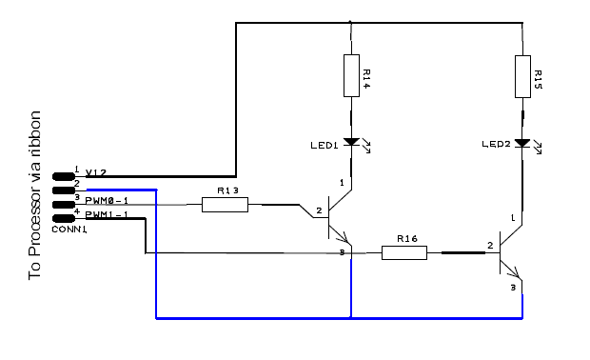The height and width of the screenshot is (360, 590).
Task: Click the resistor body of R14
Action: point(351,75)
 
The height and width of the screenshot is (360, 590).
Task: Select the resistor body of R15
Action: point(522,75)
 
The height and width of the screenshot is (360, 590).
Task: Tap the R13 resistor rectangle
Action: point(226,204)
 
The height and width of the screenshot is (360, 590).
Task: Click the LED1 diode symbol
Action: point(351,143)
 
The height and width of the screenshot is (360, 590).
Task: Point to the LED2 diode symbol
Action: point(522,143)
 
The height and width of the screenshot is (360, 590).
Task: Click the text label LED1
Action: point(324,146)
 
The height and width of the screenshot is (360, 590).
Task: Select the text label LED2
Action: point(496,145)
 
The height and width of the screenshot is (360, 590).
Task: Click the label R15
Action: point(537,78)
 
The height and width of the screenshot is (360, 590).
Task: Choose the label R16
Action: point(406,238)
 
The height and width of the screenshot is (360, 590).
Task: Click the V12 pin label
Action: point(96,173)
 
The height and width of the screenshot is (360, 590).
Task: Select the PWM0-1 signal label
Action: point(107,201)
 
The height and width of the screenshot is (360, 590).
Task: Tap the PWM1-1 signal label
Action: point(107,215)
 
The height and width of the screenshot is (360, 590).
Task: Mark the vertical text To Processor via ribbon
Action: point(36,193)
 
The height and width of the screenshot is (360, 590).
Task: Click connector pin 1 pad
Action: point(64,175)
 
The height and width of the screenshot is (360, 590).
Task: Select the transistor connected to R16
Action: point(507,257)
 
